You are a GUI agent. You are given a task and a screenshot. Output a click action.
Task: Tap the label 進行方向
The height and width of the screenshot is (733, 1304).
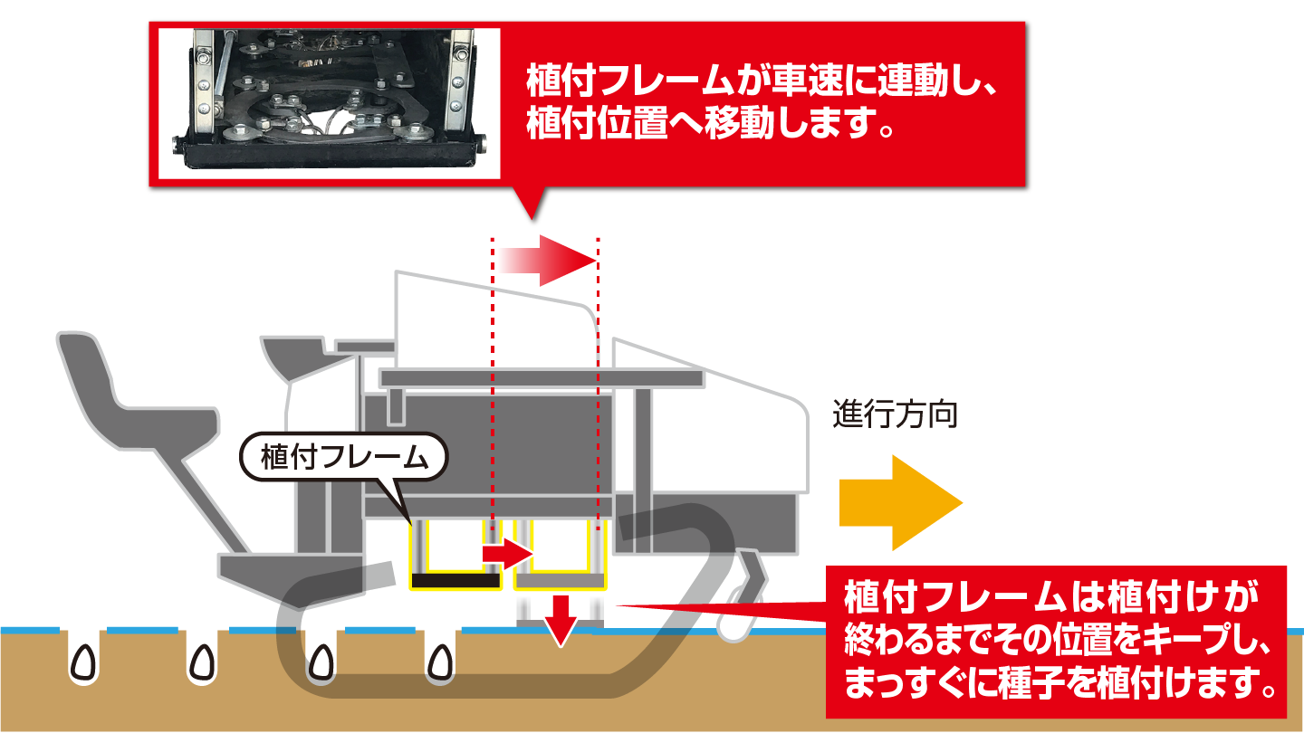point(895,416)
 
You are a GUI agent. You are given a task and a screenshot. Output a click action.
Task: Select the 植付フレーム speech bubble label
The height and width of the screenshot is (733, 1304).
point(343,458)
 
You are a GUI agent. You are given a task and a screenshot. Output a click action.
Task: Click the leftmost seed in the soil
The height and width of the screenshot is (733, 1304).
point(84,664)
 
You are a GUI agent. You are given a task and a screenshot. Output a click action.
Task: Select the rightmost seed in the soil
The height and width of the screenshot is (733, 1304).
point(441,664)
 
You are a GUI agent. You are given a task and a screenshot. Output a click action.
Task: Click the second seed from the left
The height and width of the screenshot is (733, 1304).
point(200,664)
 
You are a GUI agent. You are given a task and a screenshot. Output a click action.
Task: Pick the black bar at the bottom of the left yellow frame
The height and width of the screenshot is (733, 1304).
point(456,580)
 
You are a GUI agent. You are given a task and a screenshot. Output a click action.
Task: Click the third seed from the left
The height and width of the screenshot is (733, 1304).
point(318,664)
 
